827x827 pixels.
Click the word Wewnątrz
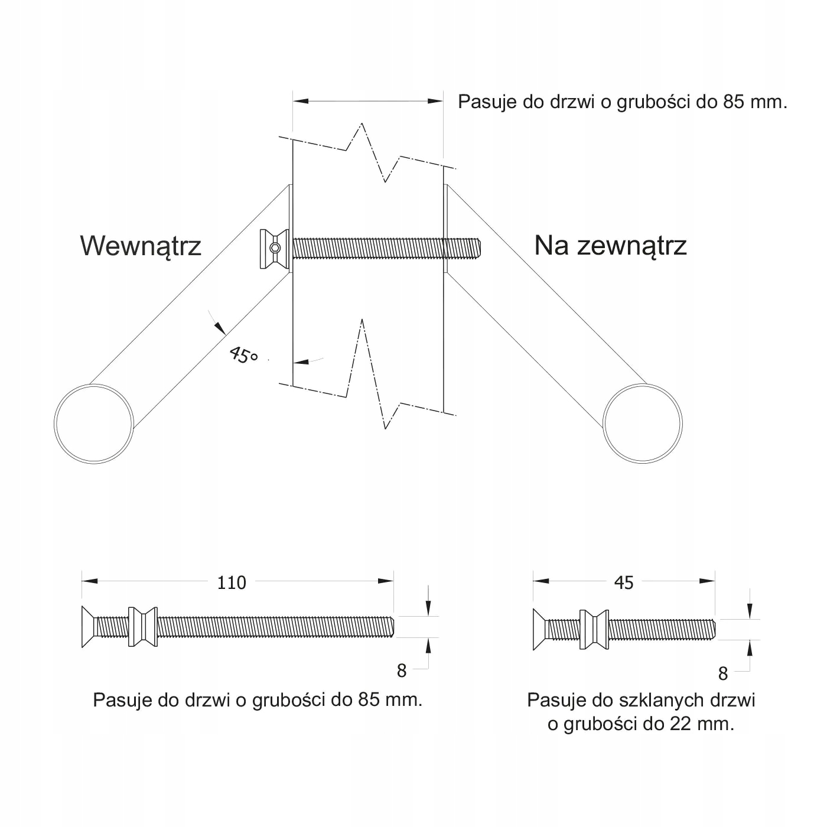coord(141,246)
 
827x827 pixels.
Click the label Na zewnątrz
coord(610,245)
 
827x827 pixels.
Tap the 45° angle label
coord(243,356)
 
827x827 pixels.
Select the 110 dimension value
coord(231,583)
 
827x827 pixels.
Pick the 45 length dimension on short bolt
coord(624,583)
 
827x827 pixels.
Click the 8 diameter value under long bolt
coord(402,670)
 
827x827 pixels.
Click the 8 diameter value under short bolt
coord(722,673)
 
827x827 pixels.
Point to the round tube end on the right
coord(643,423)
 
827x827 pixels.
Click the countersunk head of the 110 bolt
coord(89,627)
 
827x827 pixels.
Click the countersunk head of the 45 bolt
coord(540,629)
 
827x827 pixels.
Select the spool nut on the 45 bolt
coord(594,630)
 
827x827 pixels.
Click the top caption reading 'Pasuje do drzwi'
coord(623,102)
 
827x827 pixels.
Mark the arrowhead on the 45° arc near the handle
coord(219,328)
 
